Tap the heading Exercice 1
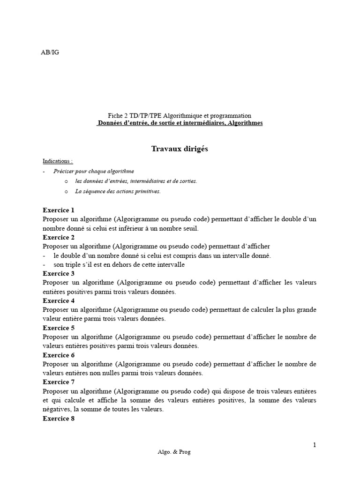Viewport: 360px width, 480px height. click(59, 210)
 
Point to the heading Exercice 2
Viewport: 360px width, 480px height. click(59, 237)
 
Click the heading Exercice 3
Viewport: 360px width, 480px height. click(59, 273)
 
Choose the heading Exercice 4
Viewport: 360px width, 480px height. click(59, 300)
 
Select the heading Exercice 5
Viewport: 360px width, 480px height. click(59, 328)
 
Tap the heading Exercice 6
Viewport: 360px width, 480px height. click(59, 355)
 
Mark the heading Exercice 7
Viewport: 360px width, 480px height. click(59, 382)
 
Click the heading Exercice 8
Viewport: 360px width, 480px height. click(59, 419)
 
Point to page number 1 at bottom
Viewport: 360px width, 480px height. click(315, 444)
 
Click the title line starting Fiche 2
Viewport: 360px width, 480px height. click(180, 115)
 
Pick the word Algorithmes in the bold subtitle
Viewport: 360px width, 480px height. click(242, 123)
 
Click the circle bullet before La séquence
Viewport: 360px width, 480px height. click(66, 191)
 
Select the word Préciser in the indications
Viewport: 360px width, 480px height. click(64, 171)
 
